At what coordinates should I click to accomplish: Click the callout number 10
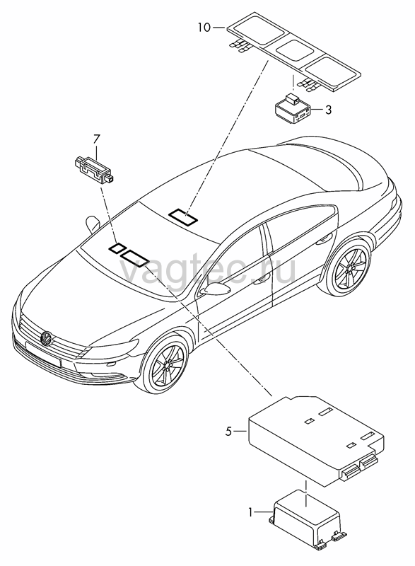point(204,28)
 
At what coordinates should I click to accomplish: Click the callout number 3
point(328,110)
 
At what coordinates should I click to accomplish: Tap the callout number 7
point(97,139)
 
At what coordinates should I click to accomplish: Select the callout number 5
point(228,431)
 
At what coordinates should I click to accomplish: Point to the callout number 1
point(250,512)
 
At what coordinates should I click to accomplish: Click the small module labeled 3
point(293,108)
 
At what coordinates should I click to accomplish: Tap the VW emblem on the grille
point(47,338)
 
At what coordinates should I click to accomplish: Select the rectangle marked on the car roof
point(184,217)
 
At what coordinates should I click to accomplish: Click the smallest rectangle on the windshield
point(117,249)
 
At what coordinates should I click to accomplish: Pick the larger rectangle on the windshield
point(134,258)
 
